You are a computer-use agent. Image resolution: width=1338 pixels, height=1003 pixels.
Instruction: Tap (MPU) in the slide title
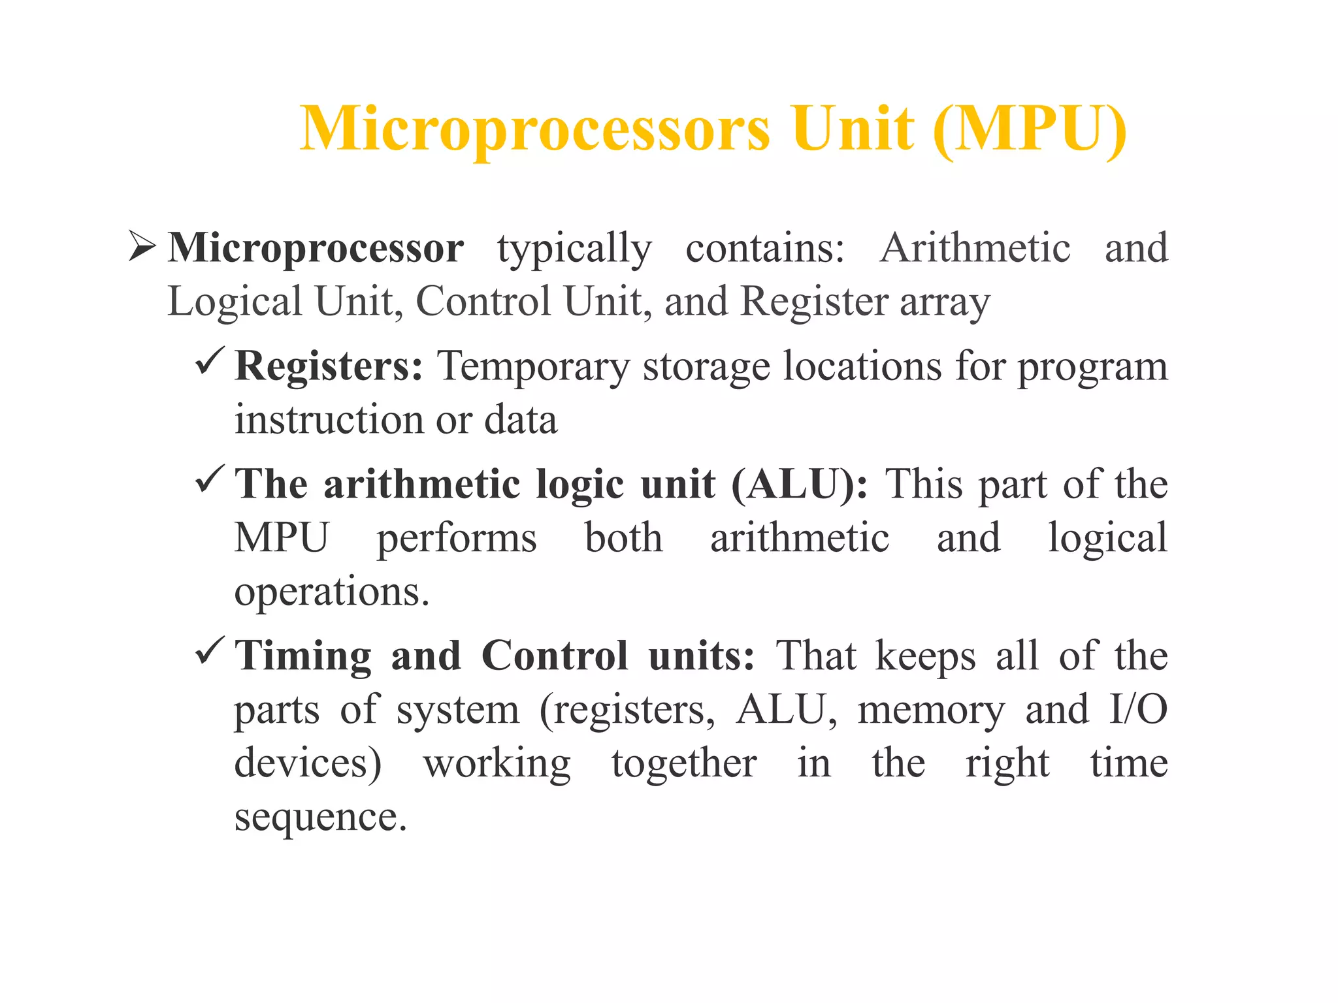click(x=1030, y=129)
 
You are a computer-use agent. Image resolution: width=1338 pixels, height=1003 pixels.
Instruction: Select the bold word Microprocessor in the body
click(x=316, y=248)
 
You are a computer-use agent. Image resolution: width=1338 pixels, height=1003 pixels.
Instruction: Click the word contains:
click(x=765, y=248)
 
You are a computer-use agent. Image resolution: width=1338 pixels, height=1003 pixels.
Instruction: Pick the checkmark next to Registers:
click(x=210, y=361)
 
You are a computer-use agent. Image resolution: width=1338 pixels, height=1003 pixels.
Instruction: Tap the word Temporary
click(x=533, y=366)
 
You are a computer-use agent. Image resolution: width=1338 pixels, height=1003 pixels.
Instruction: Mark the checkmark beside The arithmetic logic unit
click(x=210, y=479)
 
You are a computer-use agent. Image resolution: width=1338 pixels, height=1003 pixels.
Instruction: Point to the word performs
click(x=457, y=539)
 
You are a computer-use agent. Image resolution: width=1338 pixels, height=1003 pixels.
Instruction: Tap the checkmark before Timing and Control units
click(x=210, y=651)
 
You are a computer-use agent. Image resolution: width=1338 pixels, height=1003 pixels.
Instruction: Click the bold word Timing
click(x=303, y=656)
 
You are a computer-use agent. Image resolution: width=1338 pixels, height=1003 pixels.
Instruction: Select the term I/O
click(x=1138, y=709)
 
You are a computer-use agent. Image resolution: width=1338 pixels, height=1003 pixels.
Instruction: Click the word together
click(x=684, y=763)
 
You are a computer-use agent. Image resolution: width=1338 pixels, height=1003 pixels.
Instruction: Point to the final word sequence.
click(x=320, y=817)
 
